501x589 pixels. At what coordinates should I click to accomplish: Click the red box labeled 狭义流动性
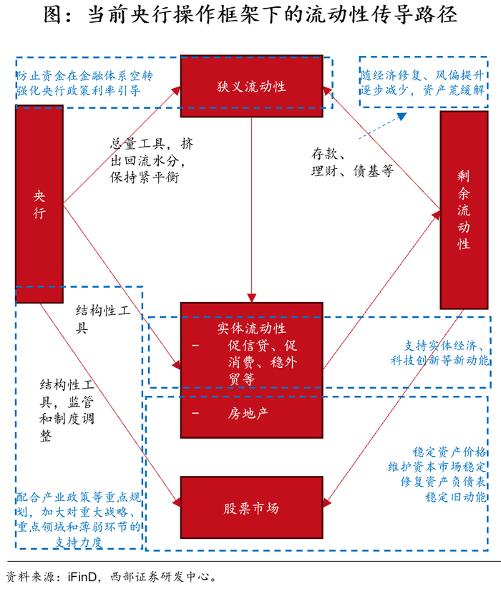(x=251, y=86)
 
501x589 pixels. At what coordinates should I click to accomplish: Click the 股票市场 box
(x=251, y=508)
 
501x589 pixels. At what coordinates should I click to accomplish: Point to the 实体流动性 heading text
(x=251, y=328)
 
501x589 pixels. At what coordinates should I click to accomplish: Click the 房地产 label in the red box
(x=248, y=413)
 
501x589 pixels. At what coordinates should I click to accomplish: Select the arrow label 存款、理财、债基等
(x=351, y=162)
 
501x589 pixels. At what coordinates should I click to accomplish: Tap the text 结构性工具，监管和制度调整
(x=67, y=412)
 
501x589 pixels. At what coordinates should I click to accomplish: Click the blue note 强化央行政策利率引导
(x=78, y=91)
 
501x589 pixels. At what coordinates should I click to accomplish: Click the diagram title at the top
(x=250, y=16)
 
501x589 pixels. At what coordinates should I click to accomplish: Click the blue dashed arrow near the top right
(x=391, y=122)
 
